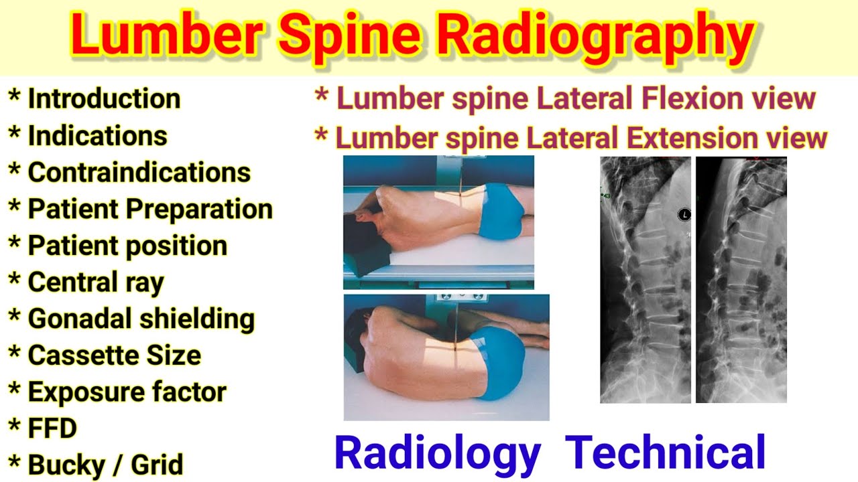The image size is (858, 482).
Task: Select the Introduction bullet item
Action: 104,99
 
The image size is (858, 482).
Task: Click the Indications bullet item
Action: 97,136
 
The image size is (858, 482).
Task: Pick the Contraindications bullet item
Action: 139,173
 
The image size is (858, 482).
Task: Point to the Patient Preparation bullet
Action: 149,209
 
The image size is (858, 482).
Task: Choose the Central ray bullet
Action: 95,283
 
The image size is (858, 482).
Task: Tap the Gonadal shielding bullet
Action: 141,319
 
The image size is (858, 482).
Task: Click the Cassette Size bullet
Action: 114,355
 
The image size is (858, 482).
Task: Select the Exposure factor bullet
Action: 127,392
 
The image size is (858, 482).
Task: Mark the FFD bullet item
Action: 52,428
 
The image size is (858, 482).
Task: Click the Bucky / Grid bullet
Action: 105,464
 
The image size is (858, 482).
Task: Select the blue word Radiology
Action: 437,453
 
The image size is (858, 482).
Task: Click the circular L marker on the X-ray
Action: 684,215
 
